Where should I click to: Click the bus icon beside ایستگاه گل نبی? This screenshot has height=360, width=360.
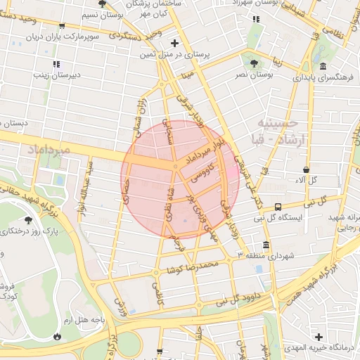[x=278, y=207]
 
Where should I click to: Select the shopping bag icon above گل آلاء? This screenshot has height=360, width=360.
[x=307, y=169]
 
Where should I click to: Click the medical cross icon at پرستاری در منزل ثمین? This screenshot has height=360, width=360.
[x=175, y=44]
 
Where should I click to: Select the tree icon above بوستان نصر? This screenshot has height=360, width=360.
[x=252, y=62]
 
